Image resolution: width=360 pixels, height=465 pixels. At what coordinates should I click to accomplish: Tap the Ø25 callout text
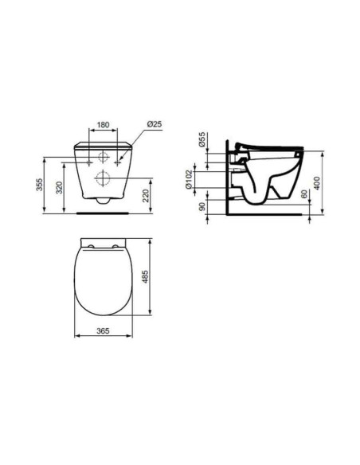[x=155, y=124]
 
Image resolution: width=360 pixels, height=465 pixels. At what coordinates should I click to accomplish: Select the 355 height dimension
[x=39, y=185]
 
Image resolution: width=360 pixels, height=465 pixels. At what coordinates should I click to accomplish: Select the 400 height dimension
[x=318, y=182]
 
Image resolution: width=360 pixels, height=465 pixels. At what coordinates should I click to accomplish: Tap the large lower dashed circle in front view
[x=103, y=177]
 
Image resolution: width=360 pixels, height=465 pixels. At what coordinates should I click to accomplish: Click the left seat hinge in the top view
[x=89, y=244]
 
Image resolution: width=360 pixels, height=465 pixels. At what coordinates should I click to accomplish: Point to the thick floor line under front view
[x=103, y=214]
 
